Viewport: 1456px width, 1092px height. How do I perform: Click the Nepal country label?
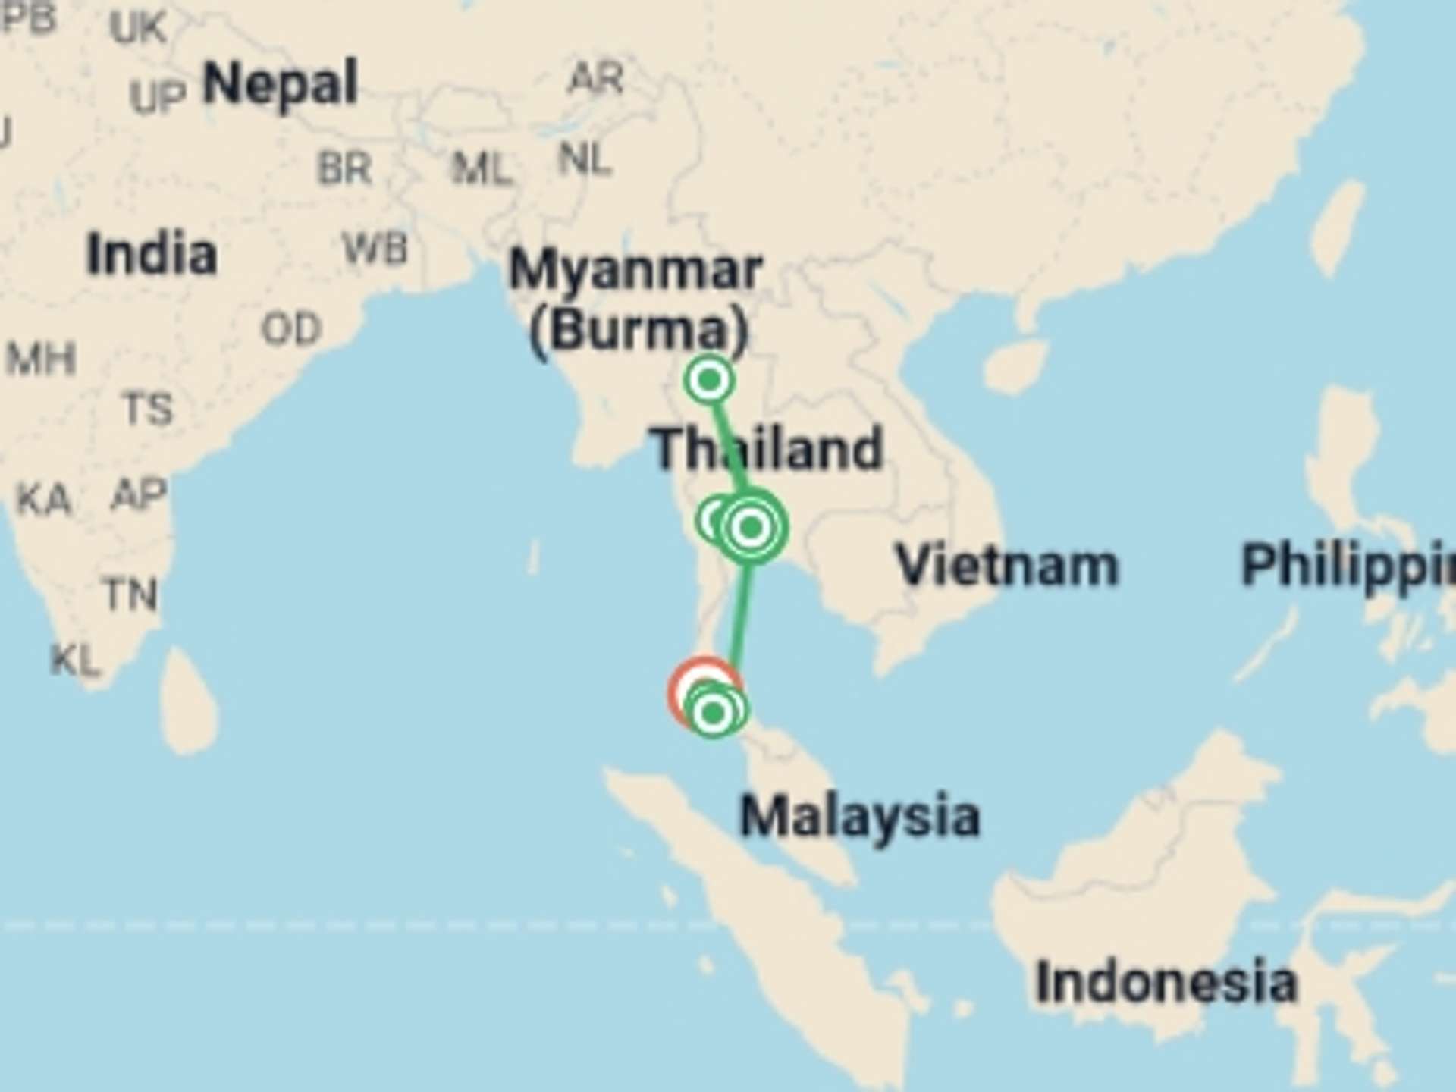point(280,84)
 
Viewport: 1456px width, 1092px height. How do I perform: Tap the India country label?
point(152,254)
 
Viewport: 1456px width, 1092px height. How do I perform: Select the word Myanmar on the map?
point(635,269)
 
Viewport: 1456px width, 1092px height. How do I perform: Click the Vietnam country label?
point(1007,566)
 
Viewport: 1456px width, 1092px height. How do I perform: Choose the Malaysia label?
point(859,817)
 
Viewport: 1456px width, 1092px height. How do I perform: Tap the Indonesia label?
point(1166,982)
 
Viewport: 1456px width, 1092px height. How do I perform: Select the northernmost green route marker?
point(709,379)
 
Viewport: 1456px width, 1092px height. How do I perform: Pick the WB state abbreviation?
point(375,249)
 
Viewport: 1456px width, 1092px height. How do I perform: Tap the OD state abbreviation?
point(291,329)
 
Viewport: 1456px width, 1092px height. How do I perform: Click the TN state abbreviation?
point(131,595)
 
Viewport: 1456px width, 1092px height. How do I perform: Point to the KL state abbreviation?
point(74,661)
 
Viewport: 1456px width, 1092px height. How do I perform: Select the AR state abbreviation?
point(596,78)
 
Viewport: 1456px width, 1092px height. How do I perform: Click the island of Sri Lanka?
point(190,701)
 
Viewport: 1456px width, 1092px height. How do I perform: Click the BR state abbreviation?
point(344,168)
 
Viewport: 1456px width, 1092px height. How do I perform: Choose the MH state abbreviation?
point(41,358)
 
